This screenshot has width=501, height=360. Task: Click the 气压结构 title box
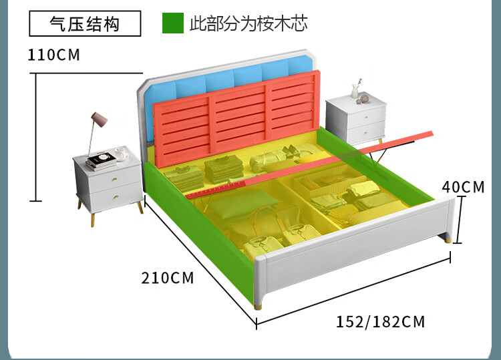[85, 25]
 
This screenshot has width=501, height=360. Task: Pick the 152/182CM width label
[380, 322]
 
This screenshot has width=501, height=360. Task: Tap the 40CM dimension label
[464, 188]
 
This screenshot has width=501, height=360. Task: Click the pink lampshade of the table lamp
[99, 120]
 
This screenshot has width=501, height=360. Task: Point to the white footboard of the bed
[354, 257]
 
